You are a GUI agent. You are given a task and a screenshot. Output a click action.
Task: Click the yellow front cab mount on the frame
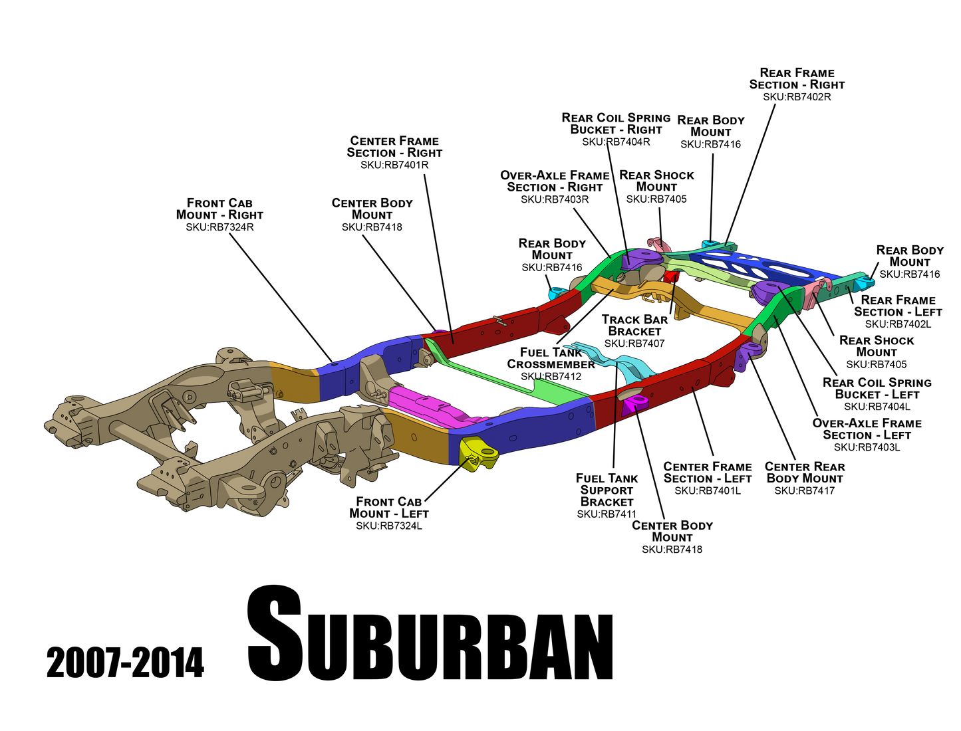(478, 453)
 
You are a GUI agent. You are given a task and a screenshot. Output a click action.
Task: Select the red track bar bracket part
(671, 276)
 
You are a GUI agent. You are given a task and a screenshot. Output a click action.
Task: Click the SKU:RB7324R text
(219, 227)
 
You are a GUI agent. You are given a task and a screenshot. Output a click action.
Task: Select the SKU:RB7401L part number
(708, 491)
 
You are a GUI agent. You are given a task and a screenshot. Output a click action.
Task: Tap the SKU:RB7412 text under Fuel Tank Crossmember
(551, 376)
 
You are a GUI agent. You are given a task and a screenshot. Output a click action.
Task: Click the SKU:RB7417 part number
(804, 491)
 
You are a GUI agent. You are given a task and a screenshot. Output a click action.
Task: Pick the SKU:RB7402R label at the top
(797, 96)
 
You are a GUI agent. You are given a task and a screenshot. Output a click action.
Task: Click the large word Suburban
(430, 633)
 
